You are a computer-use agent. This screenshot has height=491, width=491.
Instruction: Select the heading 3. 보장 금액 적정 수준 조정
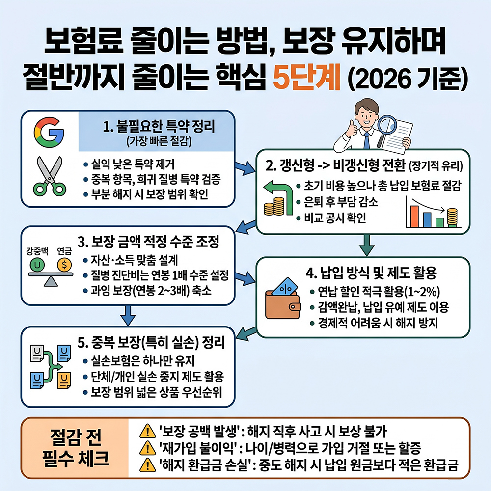pyautogui.click(x=148, y=242)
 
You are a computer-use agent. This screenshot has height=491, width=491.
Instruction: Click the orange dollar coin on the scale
pyautogui.click(x=63, y=266)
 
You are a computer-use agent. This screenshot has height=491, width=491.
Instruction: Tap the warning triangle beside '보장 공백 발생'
pyautogui.click(x=147, y=432)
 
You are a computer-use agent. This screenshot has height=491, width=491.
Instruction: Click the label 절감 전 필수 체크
pyautogui.click(x=73, y=448)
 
